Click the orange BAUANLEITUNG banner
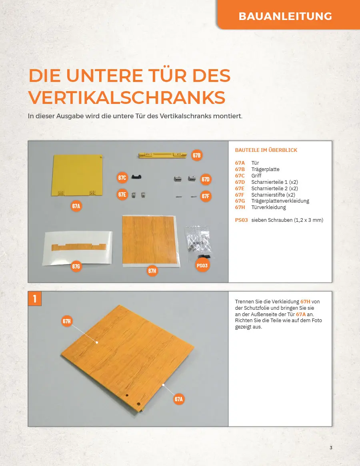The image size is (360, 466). (x=288, y=15)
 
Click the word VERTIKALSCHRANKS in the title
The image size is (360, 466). (x=127, y=98)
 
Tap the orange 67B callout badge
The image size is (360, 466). (x=197, y=155)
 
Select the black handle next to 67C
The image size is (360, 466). (x=136, y=177)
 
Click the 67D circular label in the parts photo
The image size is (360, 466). (x=206, y=179)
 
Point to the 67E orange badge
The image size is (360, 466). (x=122, y=195)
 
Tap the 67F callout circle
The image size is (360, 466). (x=206, y=196)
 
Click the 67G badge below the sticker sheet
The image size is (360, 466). (x=76, y=266)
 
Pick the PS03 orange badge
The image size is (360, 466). (x=202, y=265)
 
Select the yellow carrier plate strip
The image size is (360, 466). (x=163, y=155)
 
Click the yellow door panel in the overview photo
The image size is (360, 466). (x=77, y=175)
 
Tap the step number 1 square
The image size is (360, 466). (x=35, y=299)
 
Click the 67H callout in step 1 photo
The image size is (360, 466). (x=67, y=321)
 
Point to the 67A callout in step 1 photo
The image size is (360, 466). (x=178, y=399)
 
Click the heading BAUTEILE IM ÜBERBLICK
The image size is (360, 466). (x=266, y=150)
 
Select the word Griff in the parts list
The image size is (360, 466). (x=256, y=175)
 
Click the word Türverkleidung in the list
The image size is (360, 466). (x=268, y=207)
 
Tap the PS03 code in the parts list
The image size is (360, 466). (x=241, y=220)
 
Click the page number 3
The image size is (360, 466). (x=331, y=448)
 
